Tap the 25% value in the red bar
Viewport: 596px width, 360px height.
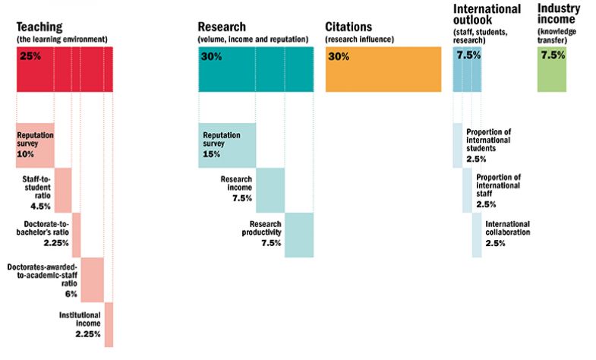coord(30,57)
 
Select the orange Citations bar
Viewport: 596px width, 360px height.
coord(383,70)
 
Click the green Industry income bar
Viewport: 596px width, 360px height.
coord(552,70)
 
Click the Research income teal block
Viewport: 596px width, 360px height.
coord(270,190)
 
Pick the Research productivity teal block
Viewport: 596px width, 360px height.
coord(299,235)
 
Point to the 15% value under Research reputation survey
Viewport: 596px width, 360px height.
coord(210,154)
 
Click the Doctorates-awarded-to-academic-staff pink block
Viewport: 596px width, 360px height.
coord(92,279)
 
